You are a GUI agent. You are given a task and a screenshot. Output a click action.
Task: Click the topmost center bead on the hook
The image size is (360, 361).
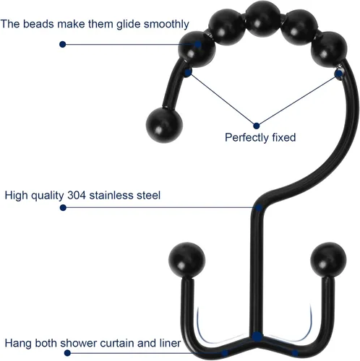tap(263, 19)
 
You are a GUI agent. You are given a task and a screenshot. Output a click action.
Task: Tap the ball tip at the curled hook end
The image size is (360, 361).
tap(164, 125)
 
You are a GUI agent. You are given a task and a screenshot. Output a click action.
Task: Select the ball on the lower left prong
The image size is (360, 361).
tap(187, 261)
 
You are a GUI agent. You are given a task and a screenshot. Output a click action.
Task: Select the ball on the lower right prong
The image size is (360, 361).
tap(328, 260)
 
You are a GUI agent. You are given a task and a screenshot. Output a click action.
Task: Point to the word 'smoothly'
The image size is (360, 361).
tap(166, 25)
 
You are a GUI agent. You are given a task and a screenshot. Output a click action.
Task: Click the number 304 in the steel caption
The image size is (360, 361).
tap(77, 195)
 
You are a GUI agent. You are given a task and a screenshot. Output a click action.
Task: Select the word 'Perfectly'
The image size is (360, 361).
tap(247, 138)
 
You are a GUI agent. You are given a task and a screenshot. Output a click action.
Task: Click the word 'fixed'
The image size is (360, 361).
tap(284, 137)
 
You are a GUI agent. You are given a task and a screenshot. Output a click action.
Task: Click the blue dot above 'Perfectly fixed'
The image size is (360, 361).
tap(257, 126)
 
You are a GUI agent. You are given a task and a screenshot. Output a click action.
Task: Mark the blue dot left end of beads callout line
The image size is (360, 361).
tap(63, 45)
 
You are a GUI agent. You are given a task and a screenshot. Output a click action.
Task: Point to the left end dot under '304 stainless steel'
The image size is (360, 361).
tap(63, 208)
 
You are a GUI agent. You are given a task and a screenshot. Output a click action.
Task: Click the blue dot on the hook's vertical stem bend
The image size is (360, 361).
tap(259, 208)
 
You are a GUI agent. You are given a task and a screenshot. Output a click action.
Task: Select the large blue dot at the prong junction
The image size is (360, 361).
tap(257, 336)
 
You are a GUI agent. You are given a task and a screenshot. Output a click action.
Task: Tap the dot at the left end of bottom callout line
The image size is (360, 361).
tap(67, 353)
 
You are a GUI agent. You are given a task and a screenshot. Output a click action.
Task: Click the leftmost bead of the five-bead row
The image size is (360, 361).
tap(197, 49)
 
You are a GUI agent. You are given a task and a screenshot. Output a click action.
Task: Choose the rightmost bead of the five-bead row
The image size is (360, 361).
tap(329, 49)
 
